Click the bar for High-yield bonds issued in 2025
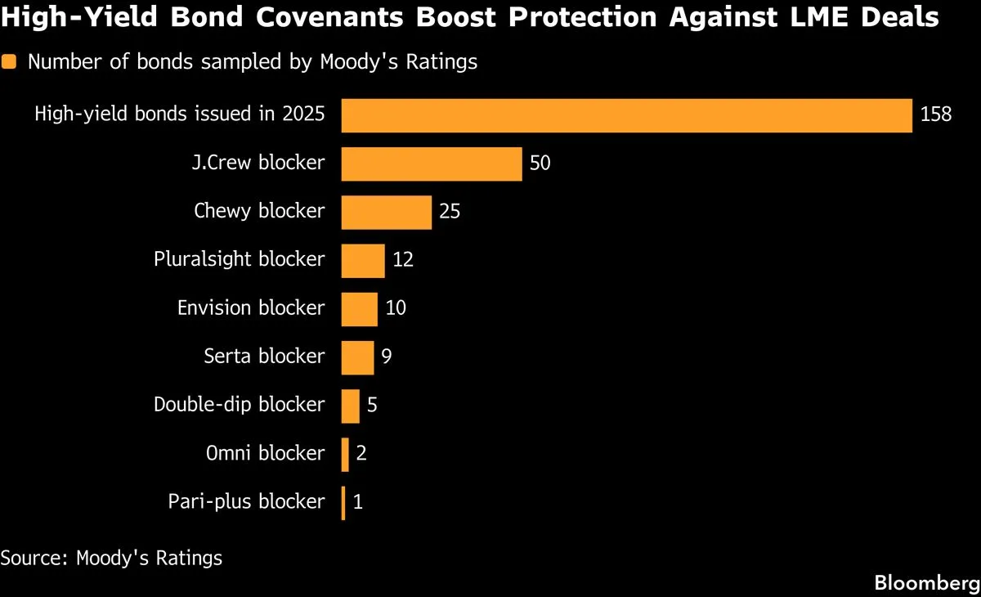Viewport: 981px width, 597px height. [626, 115]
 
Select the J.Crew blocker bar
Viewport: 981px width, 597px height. [431, 164]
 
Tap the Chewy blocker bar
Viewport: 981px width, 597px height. [386, 212]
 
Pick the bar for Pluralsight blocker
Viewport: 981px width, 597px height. [362, 260]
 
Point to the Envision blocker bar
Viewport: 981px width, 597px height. [359, 308]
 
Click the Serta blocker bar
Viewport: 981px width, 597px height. [357, 357]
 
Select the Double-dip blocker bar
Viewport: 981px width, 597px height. [350, 406]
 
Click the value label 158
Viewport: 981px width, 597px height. [936, 115]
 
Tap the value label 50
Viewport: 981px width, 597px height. [540, 164]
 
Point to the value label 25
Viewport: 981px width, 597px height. [450, 212]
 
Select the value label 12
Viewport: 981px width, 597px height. [402, 260]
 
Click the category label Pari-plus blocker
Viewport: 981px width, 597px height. [246, 501]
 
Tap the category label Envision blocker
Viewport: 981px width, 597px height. [251, 308]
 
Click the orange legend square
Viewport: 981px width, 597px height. [9, 62]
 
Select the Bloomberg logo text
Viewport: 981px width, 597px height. [926, 583]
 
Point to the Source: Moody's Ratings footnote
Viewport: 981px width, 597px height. [111, 558]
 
